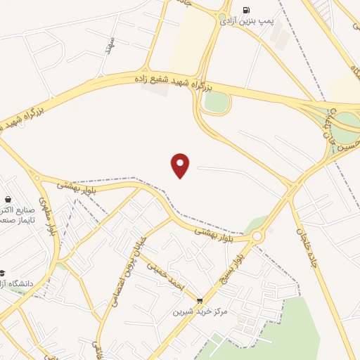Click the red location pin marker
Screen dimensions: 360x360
tap(181, 165)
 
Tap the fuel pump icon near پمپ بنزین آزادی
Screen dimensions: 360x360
tap(245, 10)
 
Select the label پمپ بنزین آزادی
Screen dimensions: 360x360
tap(245, 22)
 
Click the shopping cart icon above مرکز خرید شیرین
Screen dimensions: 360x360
tap(199, 300)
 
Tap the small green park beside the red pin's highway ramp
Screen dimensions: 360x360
tap(217, 103)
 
